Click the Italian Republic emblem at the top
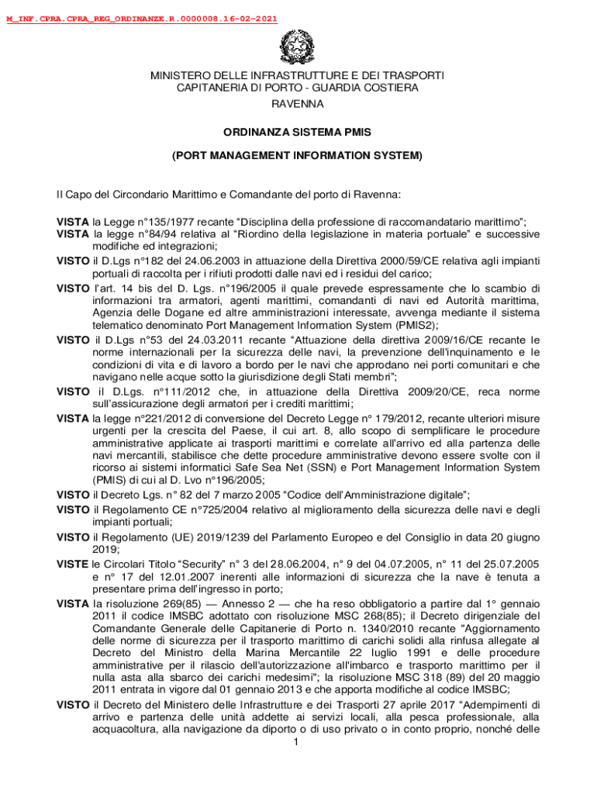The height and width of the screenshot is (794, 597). pyautogui.click(x=297, y=48)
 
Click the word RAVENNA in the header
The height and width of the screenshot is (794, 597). pyautogui.click(x=297, y=103)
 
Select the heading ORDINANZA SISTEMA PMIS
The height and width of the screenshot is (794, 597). pyautogui.click(x=298, y=133)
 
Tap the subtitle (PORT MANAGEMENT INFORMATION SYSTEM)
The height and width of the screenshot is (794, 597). pyautogui.click(x=298, y=156)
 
